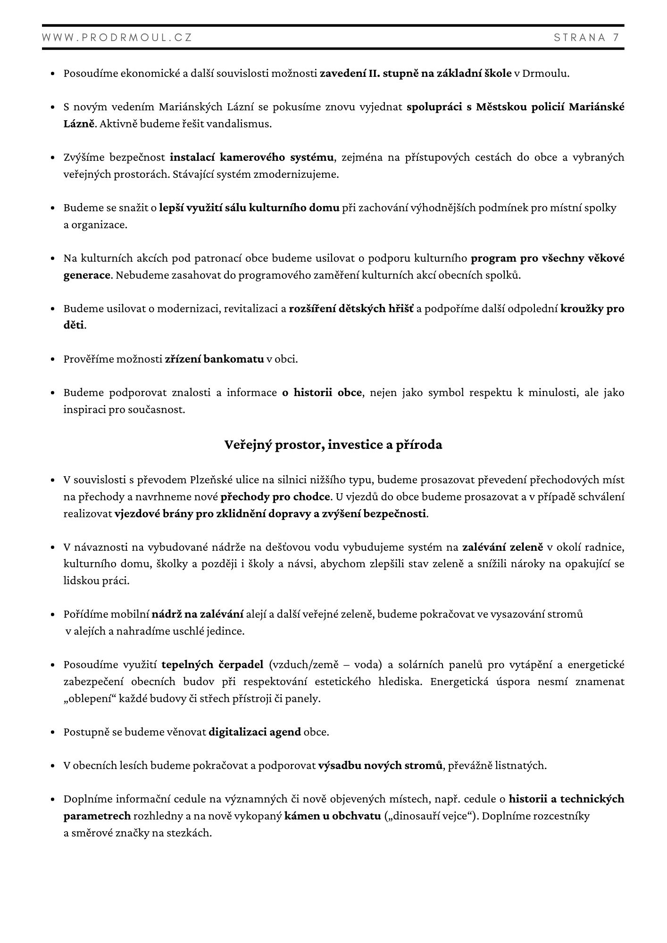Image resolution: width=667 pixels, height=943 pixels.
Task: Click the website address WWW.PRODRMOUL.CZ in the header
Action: [x=117, y=38]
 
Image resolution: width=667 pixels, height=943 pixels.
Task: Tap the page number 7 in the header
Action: [x=616, y=38]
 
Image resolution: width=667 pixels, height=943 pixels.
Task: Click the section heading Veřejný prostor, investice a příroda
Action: [x=333, y=445]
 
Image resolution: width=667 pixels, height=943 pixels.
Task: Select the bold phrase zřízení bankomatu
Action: [x=214, y=359]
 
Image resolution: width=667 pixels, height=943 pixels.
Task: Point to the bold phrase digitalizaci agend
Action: [x=255, y=732]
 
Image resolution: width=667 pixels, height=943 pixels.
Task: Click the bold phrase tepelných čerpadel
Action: [x=212, y=664]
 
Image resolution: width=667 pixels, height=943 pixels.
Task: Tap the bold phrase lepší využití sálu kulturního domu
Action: [x=249, y=207]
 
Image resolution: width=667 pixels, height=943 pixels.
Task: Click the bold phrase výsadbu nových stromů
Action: [x=381, y=765]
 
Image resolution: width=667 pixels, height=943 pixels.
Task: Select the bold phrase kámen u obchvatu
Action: [x=333, y=816]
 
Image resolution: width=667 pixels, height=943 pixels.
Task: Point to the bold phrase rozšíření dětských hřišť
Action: [x=351, y=309]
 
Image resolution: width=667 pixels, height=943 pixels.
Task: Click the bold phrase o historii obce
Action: [x=322, y=392]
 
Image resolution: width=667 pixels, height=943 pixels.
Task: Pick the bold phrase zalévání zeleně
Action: [x=503, y=547]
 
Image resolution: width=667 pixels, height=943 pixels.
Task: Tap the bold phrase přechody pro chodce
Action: [x=276, y=496]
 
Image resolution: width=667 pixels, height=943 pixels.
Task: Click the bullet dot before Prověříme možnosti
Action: [x=53, y=359]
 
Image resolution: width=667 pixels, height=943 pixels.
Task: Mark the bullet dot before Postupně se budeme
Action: [x=53, y=732]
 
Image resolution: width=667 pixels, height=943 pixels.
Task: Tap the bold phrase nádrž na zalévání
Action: [x=197, y=614]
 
